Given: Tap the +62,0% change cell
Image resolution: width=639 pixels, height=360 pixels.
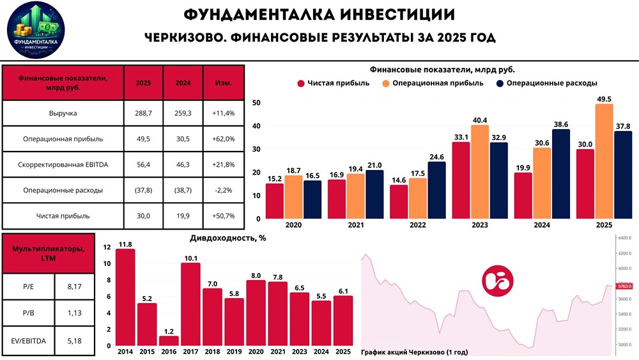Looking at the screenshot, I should (x=223, y=139).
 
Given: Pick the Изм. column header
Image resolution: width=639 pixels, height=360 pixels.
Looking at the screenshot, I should (x=223, y=83).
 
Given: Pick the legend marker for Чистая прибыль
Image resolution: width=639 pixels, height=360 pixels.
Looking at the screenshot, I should (x=300, y=83).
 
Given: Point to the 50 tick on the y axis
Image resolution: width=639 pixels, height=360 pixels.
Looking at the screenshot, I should (x=256, y=103).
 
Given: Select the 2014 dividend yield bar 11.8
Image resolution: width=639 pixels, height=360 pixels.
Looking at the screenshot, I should (x=125, y=297).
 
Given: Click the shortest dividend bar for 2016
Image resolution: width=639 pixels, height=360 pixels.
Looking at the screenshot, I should (x=169, y=341).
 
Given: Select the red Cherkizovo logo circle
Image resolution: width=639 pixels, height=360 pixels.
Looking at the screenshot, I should (x=497, y=281).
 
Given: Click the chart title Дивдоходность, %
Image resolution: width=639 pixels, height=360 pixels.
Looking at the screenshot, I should (x=228, y=238).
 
